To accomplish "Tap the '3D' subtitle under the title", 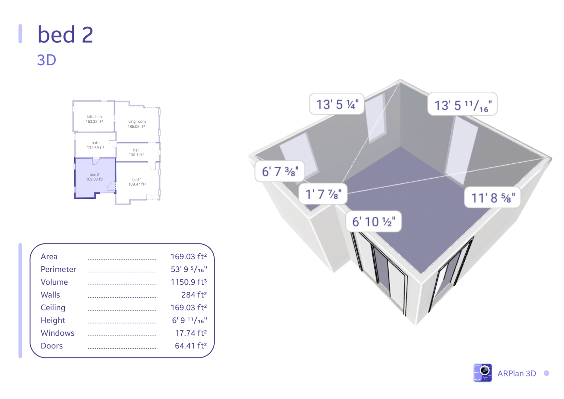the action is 47,60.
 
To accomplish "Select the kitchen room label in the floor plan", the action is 94,119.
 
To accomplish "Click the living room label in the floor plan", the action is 136,124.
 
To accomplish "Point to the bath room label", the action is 95,145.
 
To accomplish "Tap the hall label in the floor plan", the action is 136,152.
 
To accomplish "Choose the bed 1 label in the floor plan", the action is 137,182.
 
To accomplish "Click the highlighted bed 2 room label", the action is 94,177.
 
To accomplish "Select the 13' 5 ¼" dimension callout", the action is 337,104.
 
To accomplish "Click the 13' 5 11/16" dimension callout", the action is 463,104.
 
